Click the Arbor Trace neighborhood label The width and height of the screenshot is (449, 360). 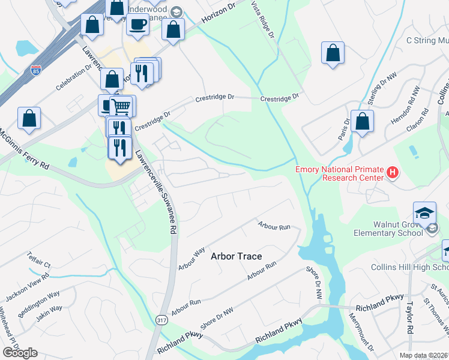point(237,256)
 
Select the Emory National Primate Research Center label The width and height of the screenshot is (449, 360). point(339,173)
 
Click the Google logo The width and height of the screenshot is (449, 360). point(20,353)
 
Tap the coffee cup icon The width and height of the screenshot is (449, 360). point(137,25)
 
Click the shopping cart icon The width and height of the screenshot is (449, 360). point(121,106)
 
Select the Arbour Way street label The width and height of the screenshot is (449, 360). point(192,258)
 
